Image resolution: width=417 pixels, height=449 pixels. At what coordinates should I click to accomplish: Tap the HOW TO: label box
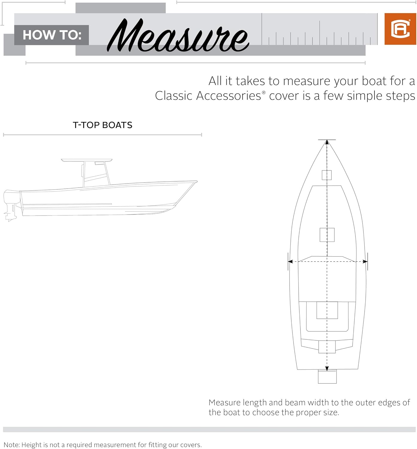click(52, 35)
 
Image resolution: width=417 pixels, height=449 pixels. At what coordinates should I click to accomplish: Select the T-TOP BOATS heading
click(103, 125)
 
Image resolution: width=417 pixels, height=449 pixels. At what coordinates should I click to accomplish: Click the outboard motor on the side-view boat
click(11, 201)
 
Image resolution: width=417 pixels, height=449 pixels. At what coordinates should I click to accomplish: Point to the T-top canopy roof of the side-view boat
click(86, 160)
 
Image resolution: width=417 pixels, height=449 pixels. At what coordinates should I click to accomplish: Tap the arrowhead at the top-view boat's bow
click(327, 142)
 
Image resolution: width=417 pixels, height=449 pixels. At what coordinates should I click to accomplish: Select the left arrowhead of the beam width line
click(290, 262)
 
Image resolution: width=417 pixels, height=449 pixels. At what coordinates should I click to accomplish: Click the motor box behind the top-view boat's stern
click(327, 377)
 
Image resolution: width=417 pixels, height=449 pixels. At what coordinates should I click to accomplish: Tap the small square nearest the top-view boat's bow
click(327, 175)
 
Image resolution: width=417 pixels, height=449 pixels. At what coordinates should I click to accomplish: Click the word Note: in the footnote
click(12, 445)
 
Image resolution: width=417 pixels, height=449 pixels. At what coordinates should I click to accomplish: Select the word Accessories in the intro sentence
click(229, 96)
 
